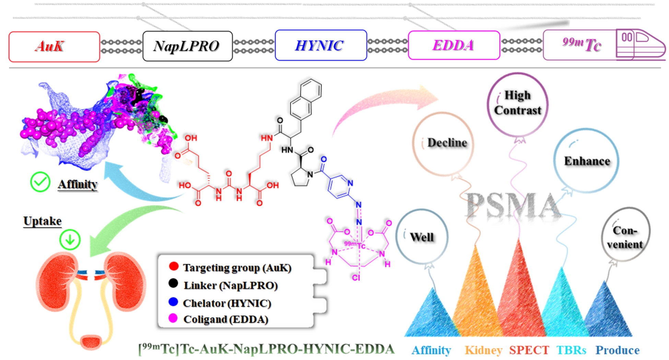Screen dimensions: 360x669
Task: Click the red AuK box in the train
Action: point(54,47)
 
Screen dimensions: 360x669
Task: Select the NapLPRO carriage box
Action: point(187,46)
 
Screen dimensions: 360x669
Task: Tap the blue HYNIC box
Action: point(320,45)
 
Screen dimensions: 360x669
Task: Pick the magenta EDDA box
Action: point(454,45)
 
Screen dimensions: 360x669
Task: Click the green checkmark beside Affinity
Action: point(40,182)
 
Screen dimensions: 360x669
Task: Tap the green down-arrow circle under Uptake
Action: point(70,240)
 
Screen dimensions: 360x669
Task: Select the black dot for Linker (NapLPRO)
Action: point(174,284)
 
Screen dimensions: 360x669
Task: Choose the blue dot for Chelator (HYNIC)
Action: point(174,302)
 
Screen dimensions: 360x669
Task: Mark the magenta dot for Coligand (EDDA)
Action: point(173,319)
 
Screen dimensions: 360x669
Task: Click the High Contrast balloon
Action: point(517,104)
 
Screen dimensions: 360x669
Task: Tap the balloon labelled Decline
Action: point(443,143)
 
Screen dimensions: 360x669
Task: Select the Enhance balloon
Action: point(587,161)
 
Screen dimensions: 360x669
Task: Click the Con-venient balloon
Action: point(625,237)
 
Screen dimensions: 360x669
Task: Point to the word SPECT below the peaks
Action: point(529,350)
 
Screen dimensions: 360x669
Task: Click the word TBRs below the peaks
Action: point(571,350)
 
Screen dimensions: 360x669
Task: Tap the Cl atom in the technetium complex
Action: point(356,278)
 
